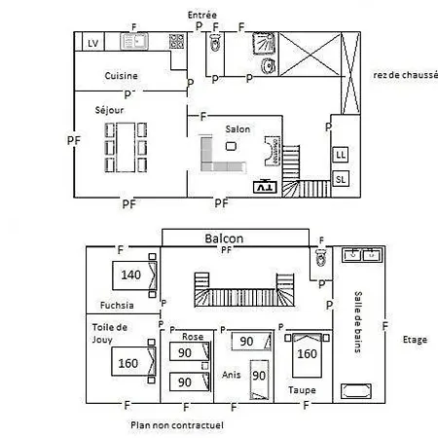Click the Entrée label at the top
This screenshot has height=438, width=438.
(x=202, y=15)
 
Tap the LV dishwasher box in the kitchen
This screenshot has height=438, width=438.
(x=93, y=42)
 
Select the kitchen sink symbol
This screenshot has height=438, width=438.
(x=134, y=41)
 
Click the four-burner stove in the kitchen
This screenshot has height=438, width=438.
(x=176, y=41)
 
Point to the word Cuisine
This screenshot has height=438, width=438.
(x=121, y=76)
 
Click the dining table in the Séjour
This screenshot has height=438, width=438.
(x=126, y=147)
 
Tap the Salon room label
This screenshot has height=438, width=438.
(x=237, y=129)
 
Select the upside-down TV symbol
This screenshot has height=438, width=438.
(x=265, y=187)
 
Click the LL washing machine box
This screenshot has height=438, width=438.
(x=341, y=155)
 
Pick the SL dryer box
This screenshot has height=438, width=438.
(x=341, y=179)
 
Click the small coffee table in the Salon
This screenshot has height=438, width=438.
(x=231, y=146)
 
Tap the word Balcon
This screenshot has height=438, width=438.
(x=224, y=238)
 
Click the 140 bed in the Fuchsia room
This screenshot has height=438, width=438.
(x=134, y=275)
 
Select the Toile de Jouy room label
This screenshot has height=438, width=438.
(x=109, y=333)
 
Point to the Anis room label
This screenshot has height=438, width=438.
(x=232, y=375)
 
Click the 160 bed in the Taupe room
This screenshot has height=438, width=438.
(x=307, y=355)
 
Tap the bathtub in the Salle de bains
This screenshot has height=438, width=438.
(x=356, y=391)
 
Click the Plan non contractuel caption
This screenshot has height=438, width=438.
(x=177, y=425)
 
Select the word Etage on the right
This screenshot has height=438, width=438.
(x=415, y=340)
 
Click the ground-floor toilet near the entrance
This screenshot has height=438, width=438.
(x=215, y=43)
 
